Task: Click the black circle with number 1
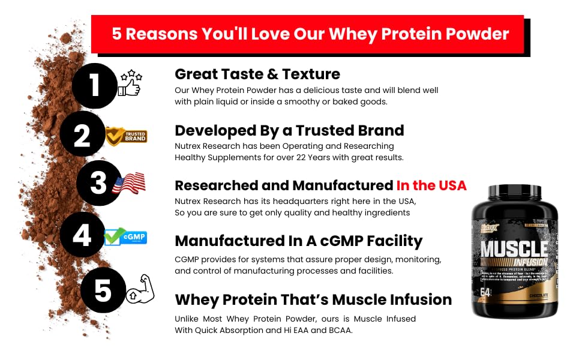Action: pyautogui.click(x=94, y=86)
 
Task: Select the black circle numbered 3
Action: pyautogui.click(x=99, y=183)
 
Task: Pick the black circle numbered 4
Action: pyautogui.click(x=82, y=235)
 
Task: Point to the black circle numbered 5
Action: pyautogui.click(x=103, y=290)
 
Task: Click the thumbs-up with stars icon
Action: pyautogui.click(x=130, y=83)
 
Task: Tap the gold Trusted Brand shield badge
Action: pyautogui.click(x=127, y=136)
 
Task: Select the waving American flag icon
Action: pyautogui.click(x=129, y=183)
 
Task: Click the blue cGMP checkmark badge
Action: pyautogui.click(x=125, y=237)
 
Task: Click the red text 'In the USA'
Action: pyautogui.click(x=431, y=185)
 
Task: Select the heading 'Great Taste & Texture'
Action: pyautogui.click(x=257, y=74)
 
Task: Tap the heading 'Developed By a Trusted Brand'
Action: pyautogui.click(x=289, y=130)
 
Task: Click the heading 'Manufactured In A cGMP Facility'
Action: pyautogui.click(x=298, y=241)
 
